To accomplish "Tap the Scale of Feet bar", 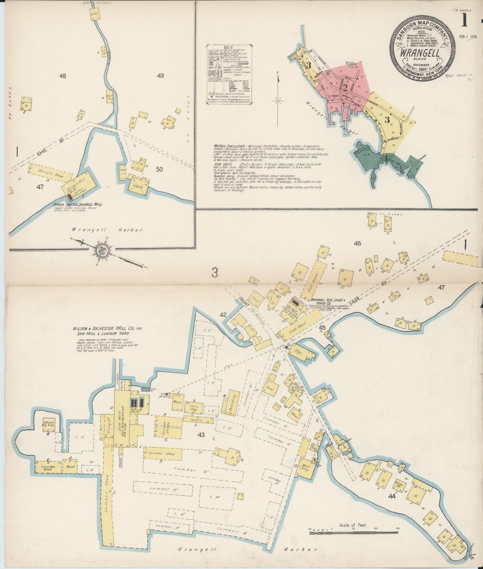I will pyautogui.click(x=354, y=533).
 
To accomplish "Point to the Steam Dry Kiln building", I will pyautogui.click(x=49, y=425).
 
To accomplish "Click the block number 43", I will pyautogui.click(x=201, y=435).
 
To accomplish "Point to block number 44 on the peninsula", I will pyautogui.click(x=392, y=496).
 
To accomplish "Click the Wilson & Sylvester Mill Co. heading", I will pyautogui.click(x=108, y=329).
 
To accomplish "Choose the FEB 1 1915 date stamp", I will pyautogui.click(x=468, y=37).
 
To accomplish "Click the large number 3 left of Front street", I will pyautogui.click(x=215, y=273).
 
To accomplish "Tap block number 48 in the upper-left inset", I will pyautogui.click(x=62, y=76).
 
